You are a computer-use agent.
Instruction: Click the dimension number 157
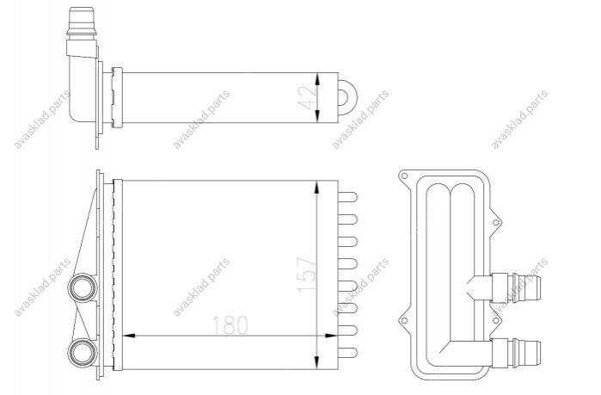(x=308, y=275)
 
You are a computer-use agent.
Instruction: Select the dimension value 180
(x=230, y=325)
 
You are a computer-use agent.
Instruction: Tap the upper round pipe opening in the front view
(x=82, y=287)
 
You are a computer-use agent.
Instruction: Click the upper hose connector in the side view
(x=516, y=287)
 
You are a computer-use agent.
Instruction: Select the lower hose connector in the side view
(x=516, y=353)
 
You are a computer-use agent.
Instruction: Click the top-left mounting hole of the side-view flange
(x=404, y=176)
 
